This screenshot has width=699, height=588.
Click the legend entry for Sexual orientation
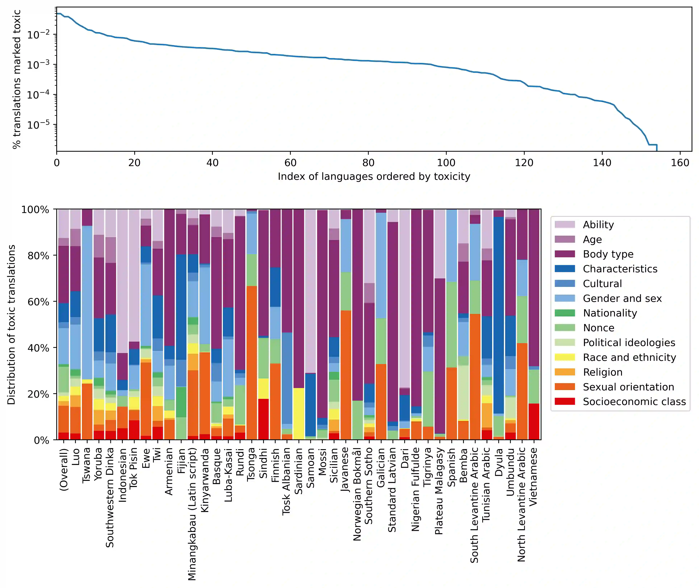[628, 387]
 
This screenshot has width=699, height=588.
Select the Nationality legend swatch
[565, 313]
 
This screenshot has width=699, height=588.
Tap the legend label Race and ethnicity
[629, 357]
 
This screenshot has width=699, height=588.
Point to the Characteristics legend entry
[620, 269]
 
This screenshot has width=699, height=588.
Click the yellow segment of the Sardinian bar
[299, 413]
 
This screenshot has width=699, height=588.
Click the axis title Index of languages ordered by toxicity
[374, 176]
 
